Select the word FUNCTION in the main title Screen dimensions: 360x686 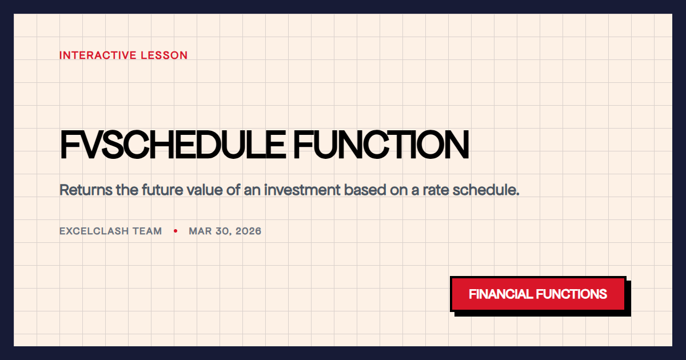coord(381,146)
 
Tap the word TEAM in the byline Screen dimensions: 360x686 coord(148,231)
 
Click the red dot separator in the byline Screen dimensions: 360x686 coord(176,231)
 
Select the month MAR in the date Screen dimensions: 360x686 coord(200,231)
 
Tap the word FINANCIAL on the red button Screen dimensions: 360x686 coord(501,294)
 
